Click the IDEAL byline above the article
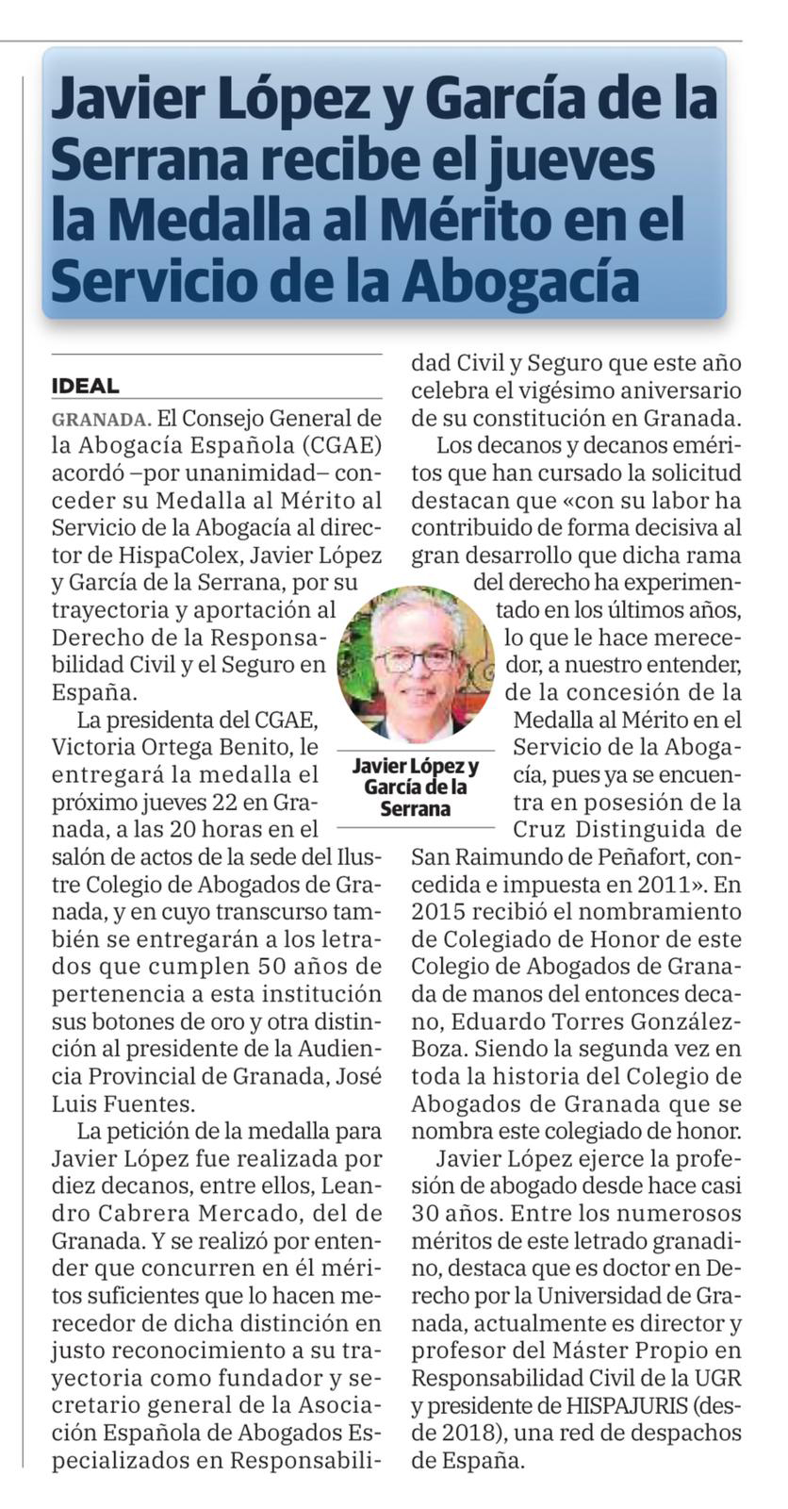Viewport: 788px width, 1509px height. [85, 386]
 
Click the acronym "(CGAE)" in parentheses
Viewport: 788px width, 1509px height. [335, 445]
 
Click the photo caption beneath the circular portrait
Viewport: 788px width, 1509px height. [415, 787]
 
